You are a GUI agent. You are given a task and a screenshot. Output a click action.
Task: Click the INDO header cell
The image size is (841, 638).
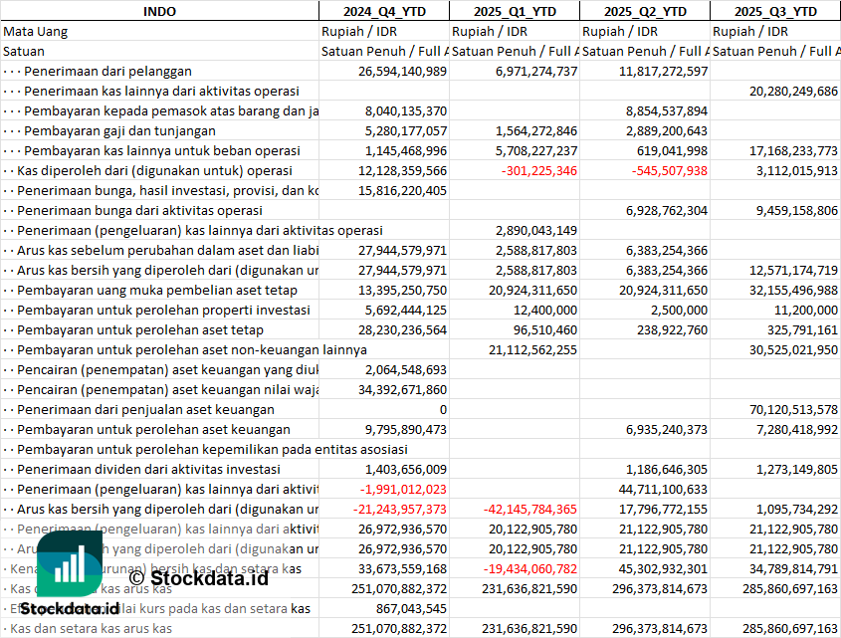point(159,11)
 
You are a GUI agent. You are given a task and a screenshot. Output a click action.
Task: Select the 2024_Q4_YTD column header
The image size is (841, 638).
point(383,11)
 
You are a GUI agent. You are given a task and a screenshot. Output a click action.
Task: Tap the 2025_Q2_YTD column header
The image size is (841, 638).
point(645,11)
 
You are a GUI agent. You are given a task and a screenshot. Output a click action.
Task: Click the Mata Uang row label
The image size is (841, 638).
point(36,31)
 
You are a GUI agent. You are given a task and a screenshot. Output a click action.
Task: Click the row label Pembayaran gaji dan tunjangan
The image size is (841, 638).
point(119,130)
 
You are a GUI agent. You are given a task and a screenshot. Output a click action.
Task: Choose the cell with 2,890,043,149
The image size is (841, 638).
point(528,230)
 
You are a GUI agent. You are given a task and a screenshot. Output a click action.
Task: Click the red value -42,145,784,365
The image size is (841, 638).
point(520,509)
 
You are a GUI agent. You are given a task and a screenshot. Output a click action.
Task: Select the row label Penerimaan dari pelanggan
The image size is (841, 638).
point(107,71)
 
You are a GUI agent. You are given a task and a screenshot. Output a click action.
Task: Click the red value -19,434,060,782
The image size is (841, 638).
point(520,568)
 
